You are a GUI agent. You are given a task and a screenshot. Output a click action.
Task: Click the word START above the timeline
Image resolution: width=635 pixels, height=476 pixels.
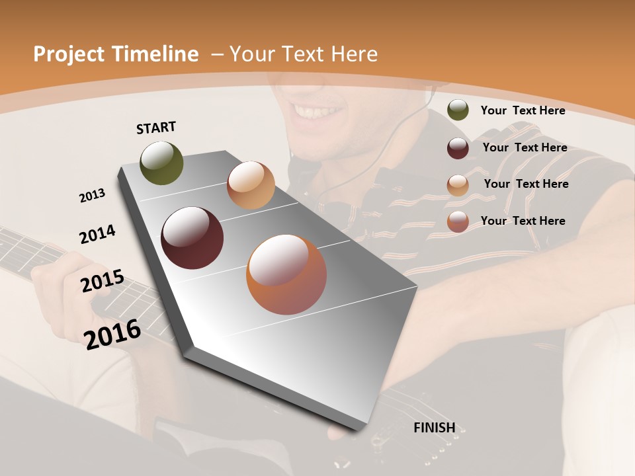tap(156, 128)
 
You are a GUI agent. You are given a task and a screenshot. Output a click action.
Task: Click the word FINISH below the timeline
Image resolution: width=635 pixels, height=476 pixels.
tap(435, 428)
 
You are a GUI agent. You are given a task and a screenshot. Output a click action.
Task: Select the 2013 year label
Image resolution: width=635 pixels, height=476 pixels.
tap(92, 196)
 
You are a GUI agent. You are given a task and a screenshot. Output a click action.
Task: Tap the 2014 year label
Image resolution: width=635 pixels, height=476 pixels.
tap(97, 235)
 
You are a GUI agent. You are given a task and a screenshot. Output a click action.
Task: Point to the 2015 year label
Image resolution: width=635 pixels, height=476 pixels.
tap(103, 281)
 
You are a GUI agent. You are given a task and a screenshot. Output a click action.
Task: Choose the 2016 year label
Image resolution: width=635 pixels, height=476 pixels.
tap(112, 334)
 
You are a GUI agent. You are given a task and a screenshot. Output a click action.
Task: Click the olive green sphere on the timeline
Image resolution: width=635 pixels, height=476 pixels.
tap(161, 163)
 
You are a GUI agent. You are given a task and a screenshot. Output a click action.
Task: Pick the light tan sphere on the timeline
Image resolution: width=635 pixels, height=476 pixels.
tap(251, 185)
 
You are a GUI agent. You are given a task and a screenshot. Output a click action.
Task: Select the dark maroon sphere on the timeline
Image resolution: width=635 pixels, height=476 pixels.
tap(192, 238)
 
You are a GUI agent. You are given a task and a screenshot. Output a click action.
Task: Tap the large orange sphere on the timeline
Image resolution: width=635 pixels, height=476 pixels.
tap(286, 274)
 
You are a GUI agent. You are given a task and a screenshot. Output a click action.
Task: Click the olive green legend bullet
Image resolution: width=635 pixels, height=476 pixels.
tap(458, 110)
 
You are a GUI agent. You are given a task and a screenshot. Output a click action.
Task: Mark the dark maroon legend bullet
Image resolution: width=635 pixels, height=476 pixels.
tap(458, 148)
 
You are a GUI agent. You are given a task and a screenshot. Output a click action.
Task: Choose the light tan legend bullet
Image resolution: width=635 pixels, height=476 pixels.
tap(458, 185)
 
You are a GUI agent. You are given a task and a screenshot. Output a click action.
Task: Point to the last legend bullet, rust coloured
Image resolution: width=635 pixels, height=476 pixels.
tap(458, 221)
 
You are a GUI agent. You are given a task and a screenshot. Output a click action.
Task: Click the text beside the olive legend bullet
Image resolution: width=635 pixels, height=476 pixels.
tap(523, 110)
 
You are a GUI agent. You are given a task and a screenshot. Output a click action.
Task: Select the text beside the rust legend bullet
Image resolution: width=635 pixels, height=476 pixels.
tap(523, 221)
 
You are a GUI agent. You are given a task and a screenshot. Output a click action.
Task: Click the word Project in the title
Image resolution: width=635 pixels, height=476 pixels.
tap(68, 54)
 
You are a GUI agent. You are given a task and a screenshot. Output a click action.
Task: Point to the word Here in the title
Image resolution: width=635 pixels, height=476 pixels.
tap(355, 54)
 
